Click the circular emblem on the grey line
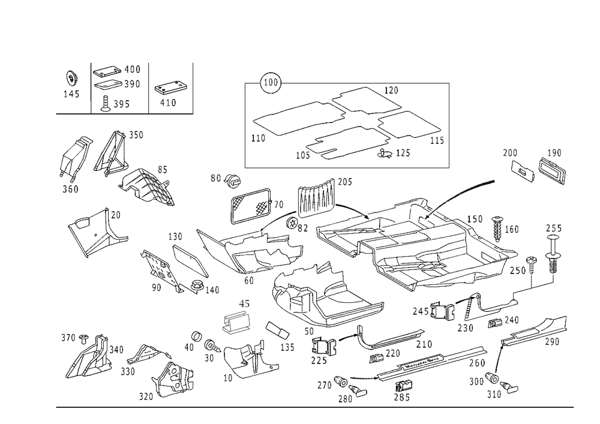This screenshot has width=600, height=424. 271,82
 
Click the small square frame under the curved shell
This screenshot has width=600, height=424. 324,348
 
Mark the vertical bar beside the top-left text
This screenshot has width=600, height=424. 91,87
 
